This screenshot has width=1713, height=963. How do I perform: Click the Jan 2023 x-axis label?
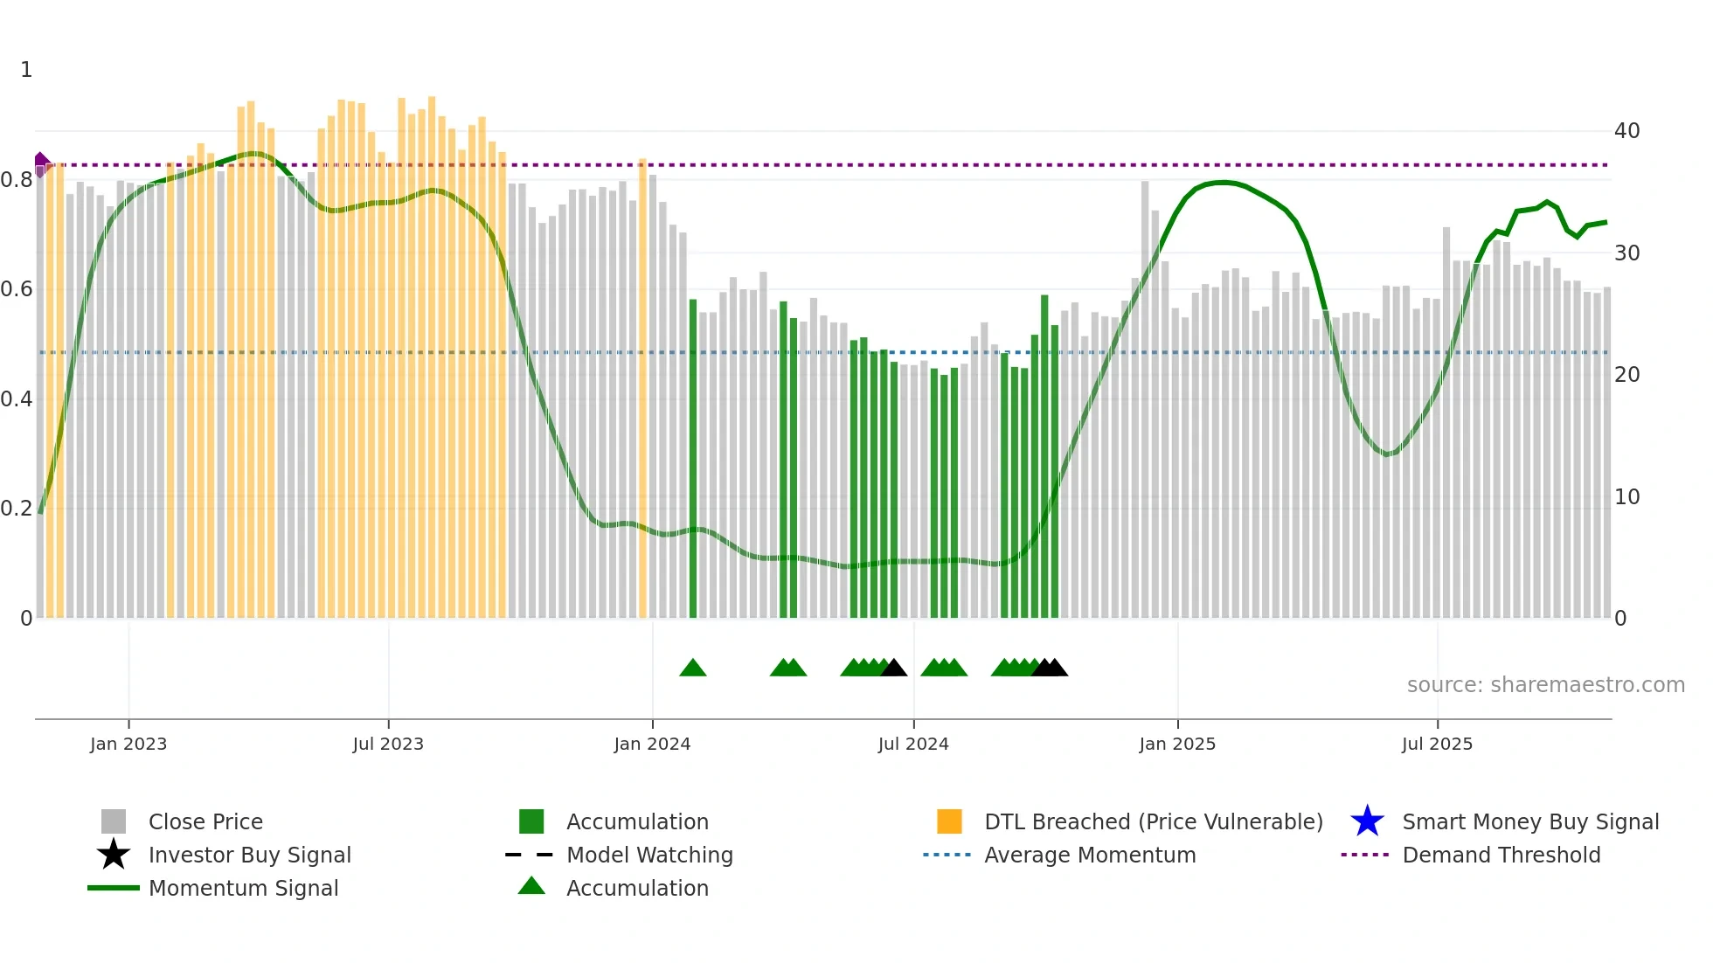coord(128,744)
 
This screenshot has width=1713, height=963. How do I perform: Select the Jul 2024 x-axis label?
coord(913,744)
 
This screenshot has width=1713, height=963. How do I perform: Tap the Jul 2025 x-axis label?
coord(1437,744)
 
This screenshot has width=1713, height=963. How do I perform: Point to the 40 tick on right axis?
coord(1626,131)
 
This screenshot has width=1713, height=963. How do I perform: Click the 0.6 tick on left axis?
coord(17,289)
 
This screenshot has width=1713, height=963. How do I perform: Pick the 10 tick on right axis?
coord(1626,497)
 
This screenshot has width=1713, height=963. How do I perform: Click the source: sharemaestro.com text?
coord(1545,685)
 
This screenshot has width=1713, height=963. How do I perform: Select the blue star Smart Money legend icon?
coord(1367,821)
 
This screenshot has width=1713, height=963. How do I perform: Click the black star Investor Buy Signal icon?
coord(114,855)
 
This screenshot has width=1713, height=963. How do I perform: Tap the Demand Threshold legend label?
coord(1501,855)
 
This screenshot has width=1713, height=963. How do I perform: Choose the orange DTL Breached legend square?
coord(949,821)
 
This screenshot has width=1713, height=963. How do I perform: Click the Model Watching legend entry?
coord(649,855)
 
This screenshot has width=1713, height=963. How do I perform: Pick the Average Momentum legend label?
coord(1090,855)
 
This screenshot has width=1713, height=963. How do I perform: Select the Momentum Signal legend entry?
coord(243,888)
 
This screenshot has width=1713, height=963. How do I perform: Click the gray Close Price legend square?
coord(114,821)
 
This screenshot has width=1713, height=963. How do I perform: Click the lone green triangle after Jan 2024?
coord(693,669)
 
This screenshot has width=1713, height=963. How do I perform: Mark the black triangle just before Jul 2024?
coord(893,669)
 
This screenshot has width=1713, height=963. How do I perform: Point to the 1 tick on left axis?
coord(26,70)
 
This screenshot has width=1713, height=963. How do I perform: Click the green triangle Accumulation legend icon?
coord(531,886)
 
